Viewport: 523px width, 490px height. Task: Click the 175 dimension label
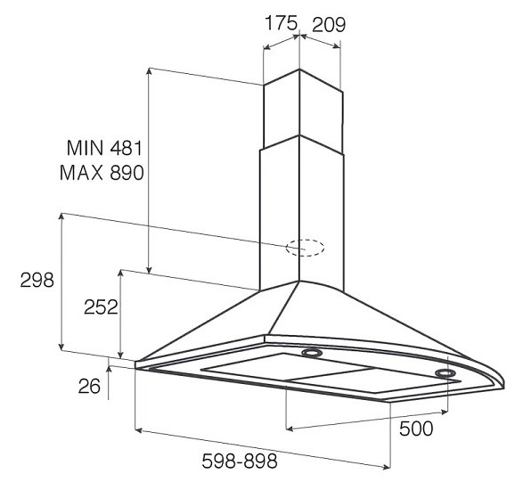tap(281, 23)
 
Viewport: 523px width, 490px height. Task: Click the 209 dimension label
tap(329, 25)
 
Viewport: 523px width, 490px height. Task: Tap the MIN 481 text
tap(104, 148)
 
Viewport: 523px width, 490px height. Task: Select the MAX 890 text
tap(102, 173)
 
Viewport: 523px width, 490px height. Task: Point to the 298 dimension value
tap(37, 280)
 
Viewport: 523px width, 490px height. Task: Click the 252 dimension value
tap(101, 306)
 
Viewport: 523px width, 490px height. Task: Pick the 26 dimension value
tap(89, 387)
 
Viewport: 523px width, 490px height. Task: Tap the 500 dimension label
tap(416, 429)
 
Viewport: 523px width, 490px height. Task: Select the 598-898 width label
tap(240, 461)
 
